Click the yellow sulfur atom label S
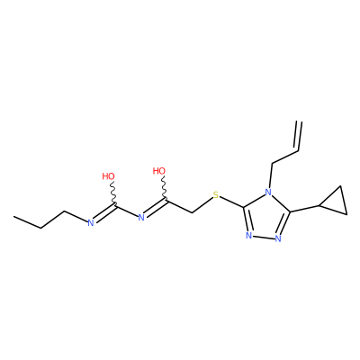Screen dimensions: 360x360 216,195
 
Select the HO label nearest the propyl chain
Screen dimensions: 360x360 108,176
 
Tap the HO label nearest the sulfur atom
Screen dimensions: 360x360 159,171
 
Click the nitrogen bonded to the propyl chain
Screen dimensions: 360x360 91,222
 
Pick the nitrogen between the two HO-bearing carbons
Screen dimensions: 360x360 141,217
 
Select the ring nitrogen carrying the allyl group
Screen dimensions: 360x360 268,192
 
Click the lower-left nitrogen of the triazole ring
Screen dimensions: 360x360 248,236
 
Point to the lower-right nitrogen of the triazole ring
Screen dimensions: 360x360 278,238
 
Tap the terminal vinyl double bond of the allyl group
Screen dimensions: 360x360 298,136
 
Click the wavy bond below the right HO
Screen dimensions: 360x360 165,187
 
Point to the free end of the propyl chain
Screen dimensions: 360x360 13,216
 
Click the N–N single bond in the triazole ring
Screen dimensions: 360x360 264,238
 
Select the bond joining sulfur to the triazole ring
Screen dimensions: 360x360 232,202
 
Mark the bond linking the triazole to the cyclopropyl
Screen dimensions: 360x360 304,209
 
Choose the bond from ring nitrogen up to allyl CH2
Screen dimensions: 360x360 270,175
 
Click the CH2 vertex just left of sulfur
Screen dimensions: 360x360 192,212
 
